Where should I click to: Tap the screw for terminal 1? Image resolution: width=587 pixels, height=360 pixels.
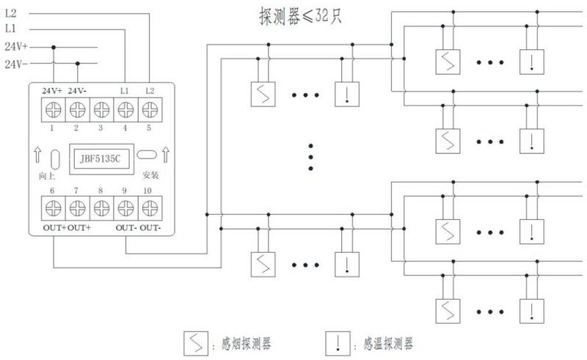click(52, 111)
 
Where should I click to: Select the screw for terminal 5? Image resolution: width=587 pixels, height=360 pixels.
click(150, 111)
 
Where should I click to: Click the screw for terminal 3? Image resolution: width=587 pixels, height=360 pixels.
click(101, 111)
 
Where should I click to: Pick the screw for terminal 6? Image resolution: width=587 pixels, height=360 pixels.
click(52, 207)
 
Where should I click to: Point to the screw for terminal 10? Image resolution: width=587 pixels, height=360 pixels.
click(150, 207)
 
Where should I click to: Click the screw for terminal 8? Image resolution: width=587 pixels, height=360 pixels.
click(101, 207)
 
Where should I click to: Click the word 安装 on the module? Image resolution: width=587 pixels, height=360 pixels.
click(150, 176)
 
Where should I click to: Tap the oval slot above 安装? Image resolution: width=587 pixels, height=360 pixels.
click(147, 155)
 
